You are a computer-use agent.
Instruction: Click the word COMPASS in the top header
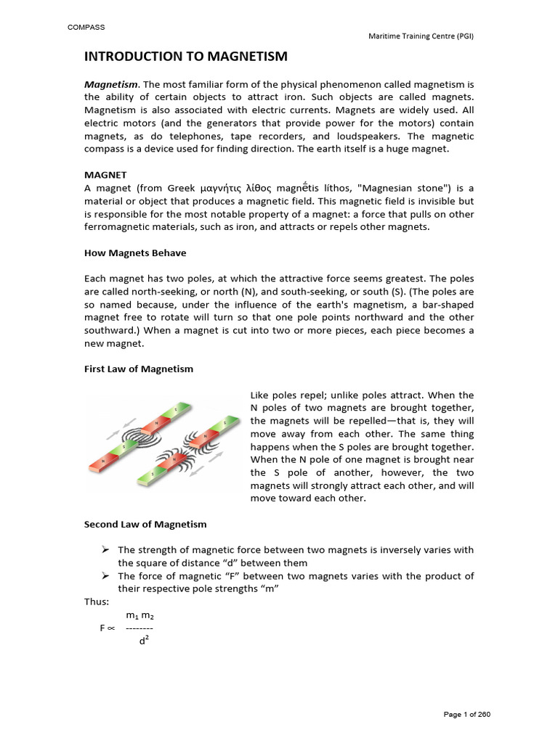(x=86, y=28)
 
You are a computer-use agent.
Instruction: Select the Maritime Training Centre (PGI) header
(x=421, y=36)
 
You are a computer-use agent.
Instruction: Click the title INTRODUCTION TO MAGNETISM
(x=186, y=57)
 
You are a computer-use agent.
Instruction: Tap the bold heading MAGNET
(x=105, y=175)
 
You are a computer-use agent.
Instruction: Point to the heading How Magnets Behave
(x=135, y=253)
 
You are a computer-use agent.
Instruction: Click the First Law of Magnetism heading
(x=139, y=369)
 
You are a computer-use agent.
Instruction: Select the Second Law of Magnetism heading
(x=145, y=524)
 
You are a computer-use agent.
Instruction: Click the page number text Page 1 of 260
(x=466, y=715)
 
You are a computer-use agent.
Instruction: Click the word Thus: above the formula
(x=97, y=601)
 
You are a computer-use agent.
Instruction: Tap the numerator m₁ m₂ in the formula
(x=140, y=615)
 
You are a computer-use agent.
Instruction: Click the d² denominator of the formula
(x=144, y=641)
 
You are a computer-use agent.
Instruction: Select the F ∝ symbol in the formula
(x=108, y=628)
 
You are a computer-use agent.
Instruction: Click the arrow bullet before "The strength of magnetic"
(x=105, y=550)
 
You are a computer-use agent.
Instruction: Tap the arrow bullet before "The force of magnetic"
(x=105, y=575)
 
